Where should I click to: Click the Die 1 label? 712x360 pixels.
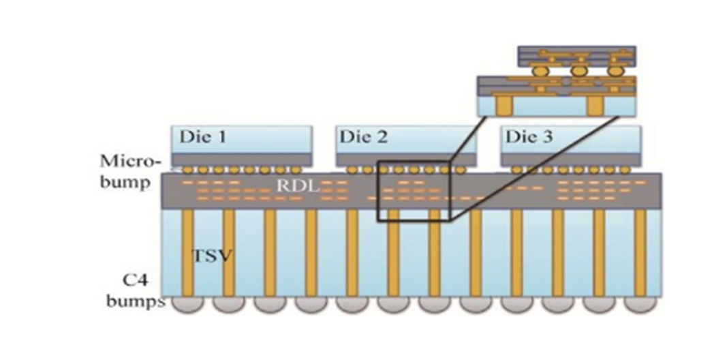202,136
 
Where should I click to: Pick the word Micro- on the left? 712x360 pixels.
130,162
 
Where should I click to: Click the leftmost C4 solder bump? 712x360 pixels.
187,304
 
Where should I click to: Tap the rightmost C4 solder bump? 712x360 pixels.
640,304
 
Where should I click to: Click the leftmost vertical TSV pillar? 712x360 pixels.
187,252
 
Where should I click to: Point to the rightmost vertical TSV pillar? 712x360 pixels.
640,252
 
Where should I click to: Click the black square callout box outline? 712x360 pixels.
378,191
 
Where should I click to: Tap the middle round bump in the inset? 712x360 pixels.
578,70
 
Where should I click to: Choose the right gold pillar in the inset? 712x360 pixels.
594,106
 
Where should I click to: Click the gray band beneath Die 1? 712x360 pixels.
242,160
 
